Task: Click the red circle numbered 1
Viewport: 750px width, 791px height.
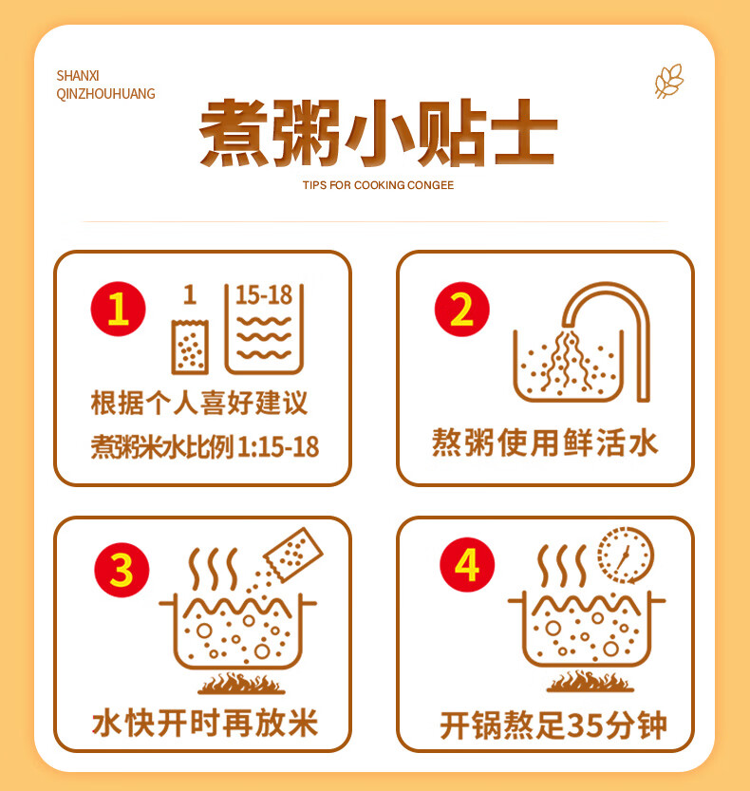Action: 118,309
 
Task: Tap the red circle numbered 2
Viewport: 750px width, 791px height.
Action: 461,310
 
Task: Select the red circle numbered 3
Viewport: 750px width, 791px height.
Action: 122,569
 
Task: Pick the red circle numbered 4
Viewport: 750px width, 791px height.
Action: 466,567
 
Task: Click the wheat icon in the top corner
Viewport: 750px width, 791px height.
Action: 668,82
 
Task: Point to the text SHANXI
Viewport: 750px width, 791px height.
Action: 78,75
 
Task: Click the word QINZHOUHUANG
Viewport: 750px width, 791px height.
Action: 105,94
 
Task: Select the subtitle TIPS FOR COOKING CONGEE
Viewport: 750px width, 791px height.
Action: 378,185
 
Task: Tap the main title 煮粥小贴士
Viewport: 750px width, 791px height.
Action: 377,133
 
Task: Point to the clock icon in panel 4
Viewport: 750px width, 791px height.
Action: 626,555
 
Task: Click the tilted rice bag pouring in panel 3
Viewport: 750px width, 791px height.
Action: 292,551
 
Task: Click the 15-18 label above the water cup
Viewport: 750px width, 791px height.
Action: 263,294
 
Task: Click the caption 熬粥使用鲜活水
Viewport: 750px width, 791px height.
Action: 545,443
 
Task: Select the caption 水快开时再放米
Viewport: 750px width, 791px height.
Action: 204,724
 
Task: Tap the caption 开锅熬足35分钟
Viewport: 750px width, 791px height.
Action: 553,725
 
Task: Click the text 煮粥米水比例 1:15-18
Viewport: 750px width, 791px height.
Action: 204,447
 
